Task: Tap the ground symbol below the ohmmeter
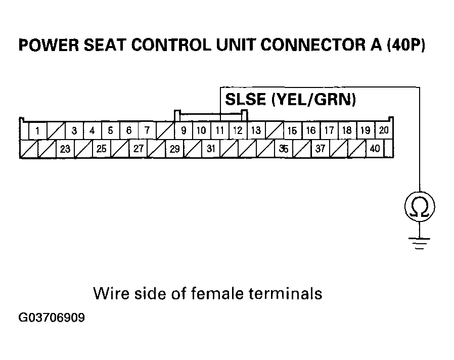(420, 242)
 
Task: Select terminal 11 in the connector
(219, 130)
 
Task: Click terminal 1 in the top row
(37, 131)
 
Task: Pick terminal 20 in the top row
(384, 130)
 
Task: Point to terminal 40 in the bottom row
(375, 149)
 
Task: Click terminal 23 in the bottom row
(65, 149)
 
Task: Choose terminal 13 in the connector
(256, 130)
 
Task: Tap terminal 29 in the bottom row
(174, 149)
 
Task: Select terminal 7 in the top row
(147, 130)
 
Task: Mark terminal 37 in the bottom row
(320, 149)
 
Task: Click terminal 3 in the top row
(74, 131)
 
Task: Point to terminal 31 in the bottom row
(211, 149)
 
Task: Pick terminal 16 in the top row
(311, 130)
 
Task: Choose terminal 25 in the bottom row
(102, 149)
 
